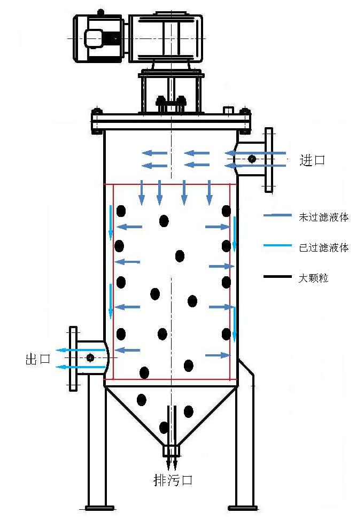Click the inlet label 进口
tap(312, 160)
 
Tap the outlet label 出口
tap(37, 359)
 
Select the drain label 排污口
tap(173, 480)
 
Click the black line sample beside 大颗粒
tap(277, 277)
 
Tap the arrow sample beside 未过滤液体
tap(277, 216)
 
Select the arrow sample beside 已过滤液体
tap(277, 246)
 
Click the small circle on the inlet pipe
tap(252, 159)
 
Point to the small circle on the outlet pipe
tap(90, 357)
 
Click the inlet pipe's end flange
tap(269, 159)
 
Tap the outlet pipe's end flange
tap(73, 357)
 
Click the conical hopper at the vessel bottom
tap(171, 411)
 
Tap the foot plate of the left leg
tap(99, 507)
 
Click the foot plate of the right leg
tap(243, 507)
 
